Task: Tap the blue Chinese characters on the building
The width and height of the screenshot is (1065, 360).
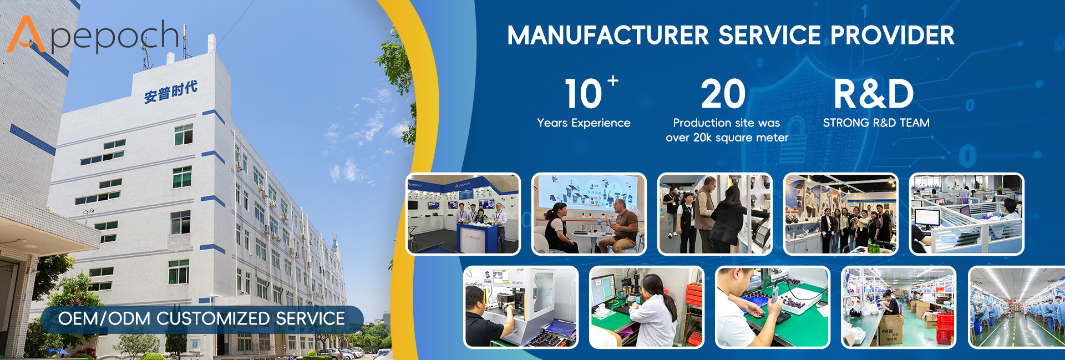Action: pos(170,92)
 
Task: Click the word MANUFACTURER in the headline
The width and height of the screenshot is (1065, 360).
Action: pos(608,36)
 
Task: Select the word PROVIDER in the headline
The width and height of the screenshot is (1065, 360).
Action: pos(892,36)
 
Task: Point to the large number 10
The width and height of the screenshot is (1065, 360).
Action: pos(583,94)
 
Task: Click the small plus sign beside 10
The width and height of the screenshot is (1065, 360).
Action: pos(613,80)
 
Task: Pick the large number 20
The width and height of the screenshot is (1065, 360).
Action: pos(723,94)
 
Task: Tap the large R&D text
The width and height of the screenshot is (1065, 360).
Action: pos(874,94)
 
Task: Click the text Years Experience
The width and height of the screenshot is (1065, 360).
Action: pos(584,123)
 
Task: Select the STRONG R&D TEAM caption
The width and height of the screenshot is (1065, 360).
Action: pos(876,123)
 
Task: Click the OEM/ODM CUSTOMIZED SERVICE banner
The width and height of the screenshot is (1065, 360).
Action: pos(202,319)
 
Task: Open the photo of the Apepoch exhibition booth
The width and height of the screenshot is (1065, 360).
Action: pos(463,214)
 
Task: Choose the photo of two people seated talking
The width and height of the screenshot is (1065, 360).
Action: pos(589,214)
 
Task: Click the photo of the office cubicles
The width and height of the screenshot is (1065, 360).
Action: pos(967,214)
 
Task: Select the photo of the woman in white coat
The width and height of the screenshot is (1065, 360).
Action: pos(646,307)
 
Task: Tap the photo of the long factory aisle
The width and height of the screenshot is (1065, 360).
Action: pos(1016,307)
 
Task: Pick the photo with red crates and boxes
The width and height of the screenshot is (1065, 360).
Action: pos(899,307)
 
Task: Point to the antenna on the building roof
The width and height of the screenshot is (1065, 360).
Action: pos(146,53)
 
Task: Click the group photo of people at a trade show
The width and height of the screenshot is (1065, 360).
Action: pos(841,214)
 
